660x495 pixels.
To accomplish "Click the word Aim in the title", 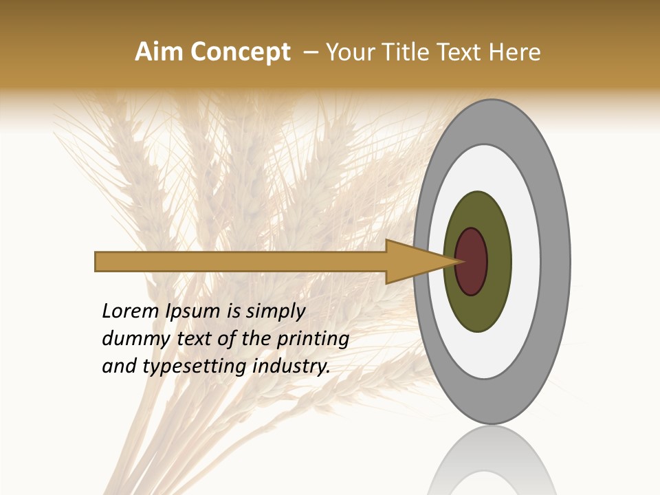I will pos(159,52).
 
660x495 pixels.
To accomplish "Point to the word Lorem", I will pos(131,311).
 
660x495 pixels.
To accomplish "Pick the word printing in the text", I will pos(313,340).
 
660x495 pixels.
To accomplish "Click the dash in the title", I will pos(310,52).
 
